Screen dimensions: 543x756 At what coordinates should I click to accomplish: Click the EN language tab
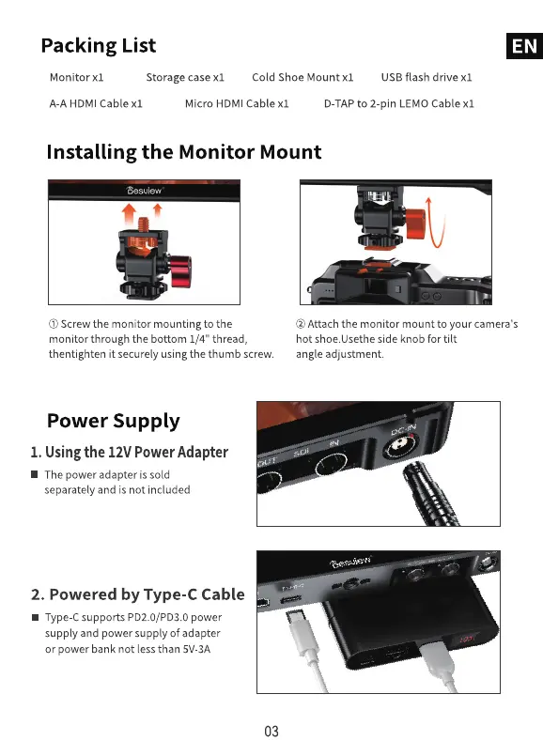(524, 46)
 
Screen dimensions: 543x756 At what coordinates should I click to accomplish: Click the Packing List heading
(99, 46)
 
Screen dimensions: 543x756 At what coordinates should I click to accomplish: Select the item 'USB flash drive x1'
(427, 77)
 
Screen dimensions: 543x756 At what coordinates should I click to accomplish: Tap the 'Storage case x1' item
(185, 77)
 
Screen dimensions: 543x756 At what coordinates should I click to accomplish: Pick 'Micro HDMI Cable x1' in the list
(237, 103)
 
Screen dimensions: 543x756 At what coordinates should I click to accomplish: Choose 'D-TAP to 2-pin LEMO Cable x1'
(399, 103)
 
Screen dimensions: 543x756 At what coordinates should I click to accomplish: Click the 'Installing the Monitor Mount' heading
(184, 152)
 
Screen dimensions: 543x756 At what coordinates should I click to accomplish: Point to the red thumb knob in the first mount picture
(180, 271)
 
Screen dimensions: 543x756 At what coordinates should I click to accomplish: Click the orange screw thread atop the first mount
(143, 224)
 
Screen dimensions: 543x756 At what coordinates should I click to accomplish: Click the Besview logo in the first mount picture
(144, 191)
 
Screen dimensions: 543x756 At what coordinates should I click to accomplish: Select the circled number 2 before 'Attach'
(301, 324)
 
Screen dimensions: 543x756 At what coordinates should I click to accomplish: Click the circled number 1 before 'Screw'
(54, 324)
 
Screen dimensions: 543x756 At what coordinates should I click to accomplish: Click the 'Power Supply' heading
(114, 421)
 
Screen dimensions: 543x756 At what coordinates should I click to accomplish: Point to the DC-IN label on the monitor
(403, 429)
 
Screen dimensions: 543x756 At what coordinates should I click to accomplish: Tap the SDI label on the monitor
(302, 453)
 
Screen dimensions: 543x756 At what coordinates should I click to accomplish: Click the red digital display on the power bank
(466, 640)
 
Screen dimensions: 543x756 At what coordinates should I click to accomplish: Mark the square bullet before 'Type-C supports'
(35, 617)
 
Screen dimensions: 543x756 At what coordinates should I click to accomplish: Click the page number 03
(271, 732)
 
